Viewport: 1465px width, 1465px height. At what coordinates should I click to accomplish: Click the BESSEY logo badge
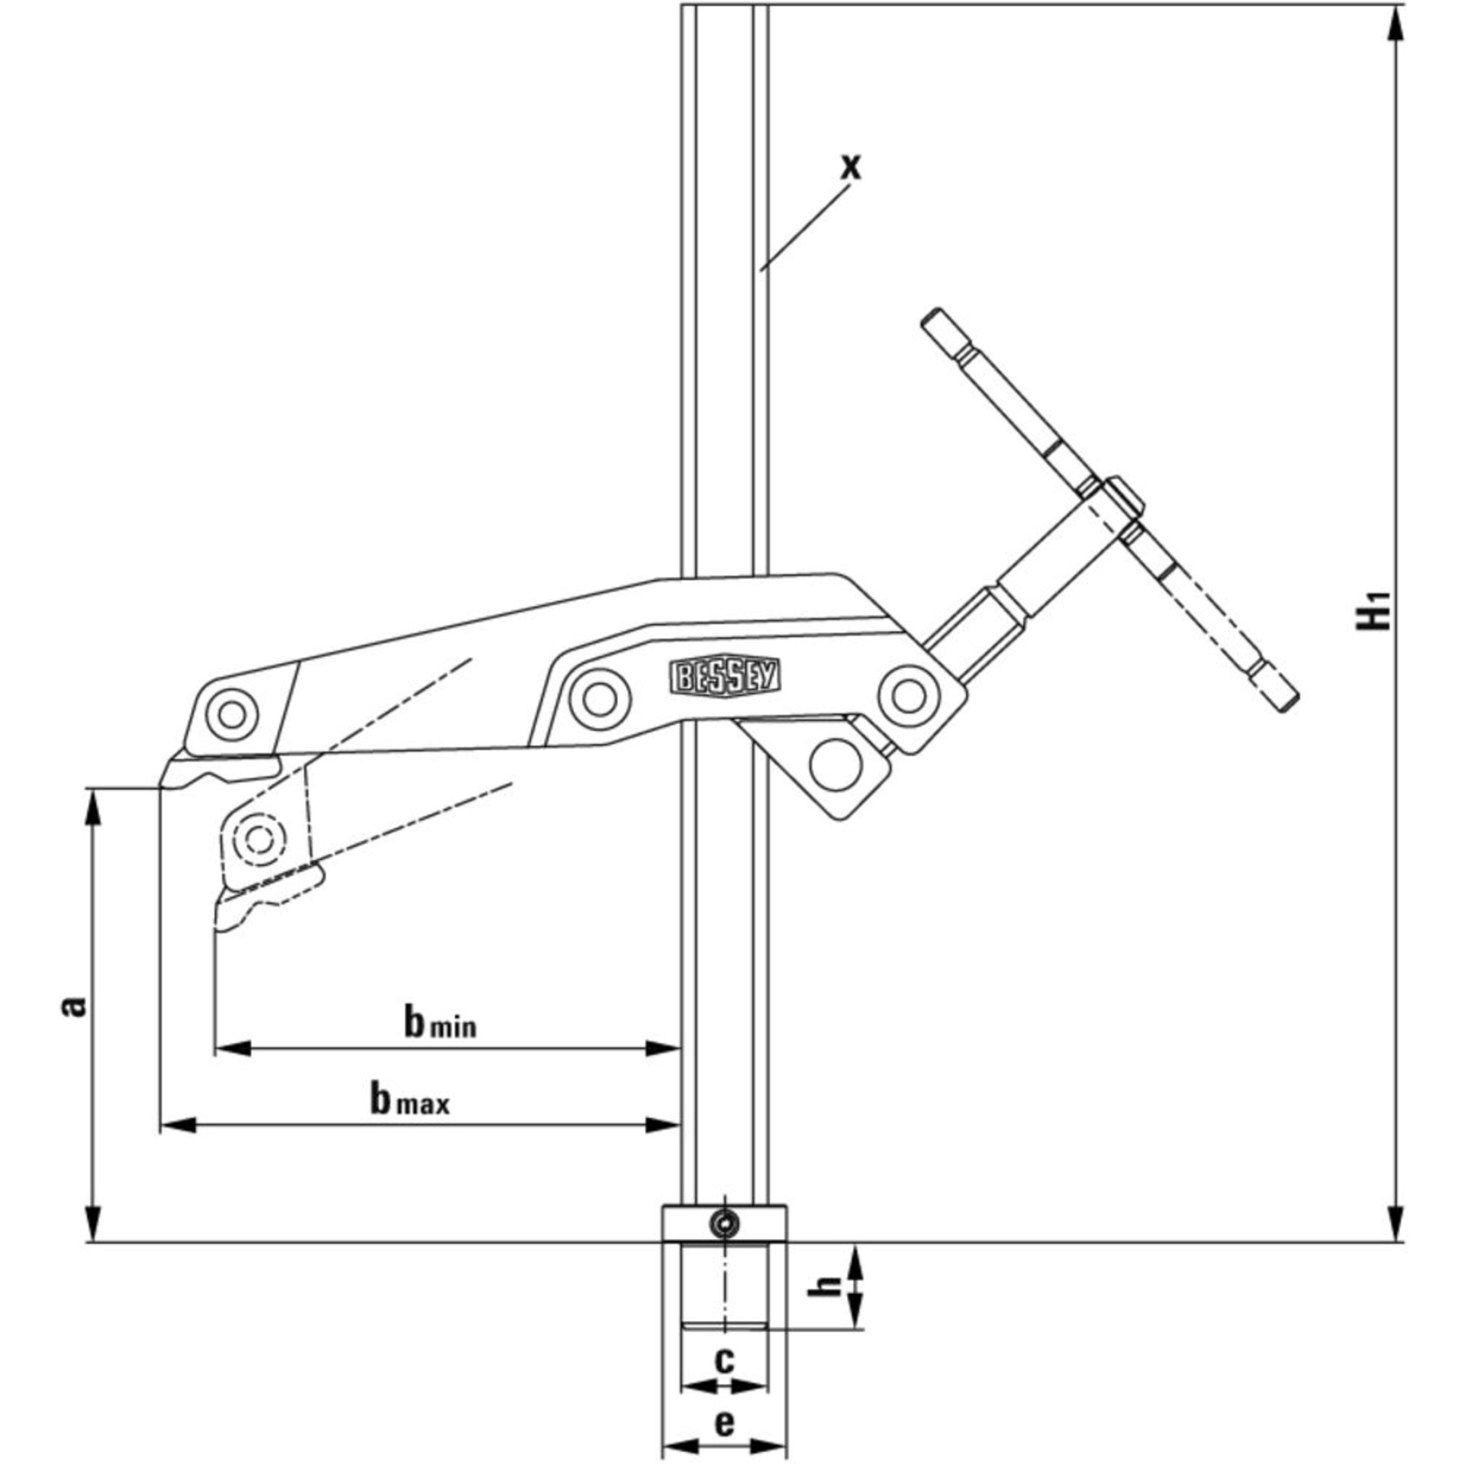726,676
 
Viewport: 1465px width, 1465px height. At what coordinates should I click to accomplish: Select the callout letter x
850,166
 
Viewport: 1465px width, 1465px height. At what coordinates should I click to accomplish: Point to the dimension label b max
410,1101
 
